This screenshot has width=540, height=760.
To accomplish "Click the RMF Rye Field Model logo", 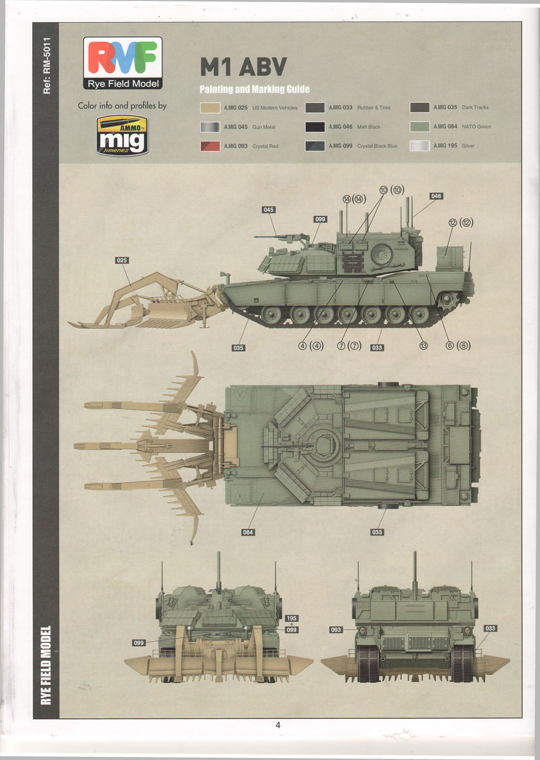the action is pyautogui.click(x=122, y=63).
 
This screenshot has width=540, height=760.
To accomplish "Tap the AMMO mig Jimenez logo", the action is pyautogui.click(x=122, y=136).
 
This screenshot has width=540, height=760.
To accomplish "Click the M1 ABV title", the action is pyautogui.click(x=243, y=67).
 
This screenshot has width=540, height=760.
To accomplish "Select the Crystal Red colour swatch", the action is pyautogui.click(x=210, y=146).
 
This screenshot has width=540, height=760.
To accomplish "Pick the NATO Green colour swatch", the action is pyautogui.click(x=420, y=127).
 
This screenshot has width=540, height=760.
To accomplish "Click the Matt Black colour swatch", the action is pyautogui.click(x=315, y=127).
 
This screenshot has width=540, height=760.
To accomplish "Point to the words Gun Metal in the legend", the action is pyautogui.click(x=264, y=127).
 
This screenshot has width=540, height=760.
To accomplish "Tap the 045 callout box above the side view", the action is pyautogui.click(x=269, y=210).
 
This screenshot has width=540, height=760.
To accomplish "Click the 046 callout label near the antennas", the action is pyautogui.click(x=436, y=196).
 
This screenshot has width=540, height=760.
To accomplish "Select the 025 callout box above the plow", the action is pyautogui.click(x=122, y=260).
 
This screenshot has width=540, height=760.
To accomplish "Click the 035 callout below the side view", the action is pyautogui.click(x=239, y=348).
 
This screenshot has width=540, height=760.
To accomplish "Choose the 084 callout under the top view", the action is pyautogui.click(x=248, y=532).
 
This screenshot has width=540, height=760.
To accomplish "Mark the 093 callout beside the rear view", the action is pyautogui.click(x=336, y=630).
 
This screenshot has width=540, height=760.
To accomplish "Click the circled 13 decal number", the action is pyautogui.click(x=423, y=346).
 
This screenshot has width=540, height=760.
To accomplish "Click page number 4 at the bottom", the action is pyautogui.click(x=278, y=725).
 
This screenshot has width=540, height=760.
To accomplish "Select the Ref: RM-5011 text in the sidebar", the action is pyautogui.click(x=46, y=65).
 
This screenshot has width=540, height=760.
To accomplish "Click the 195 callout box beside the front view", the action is pyautogui.click(x=291, y=618).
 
